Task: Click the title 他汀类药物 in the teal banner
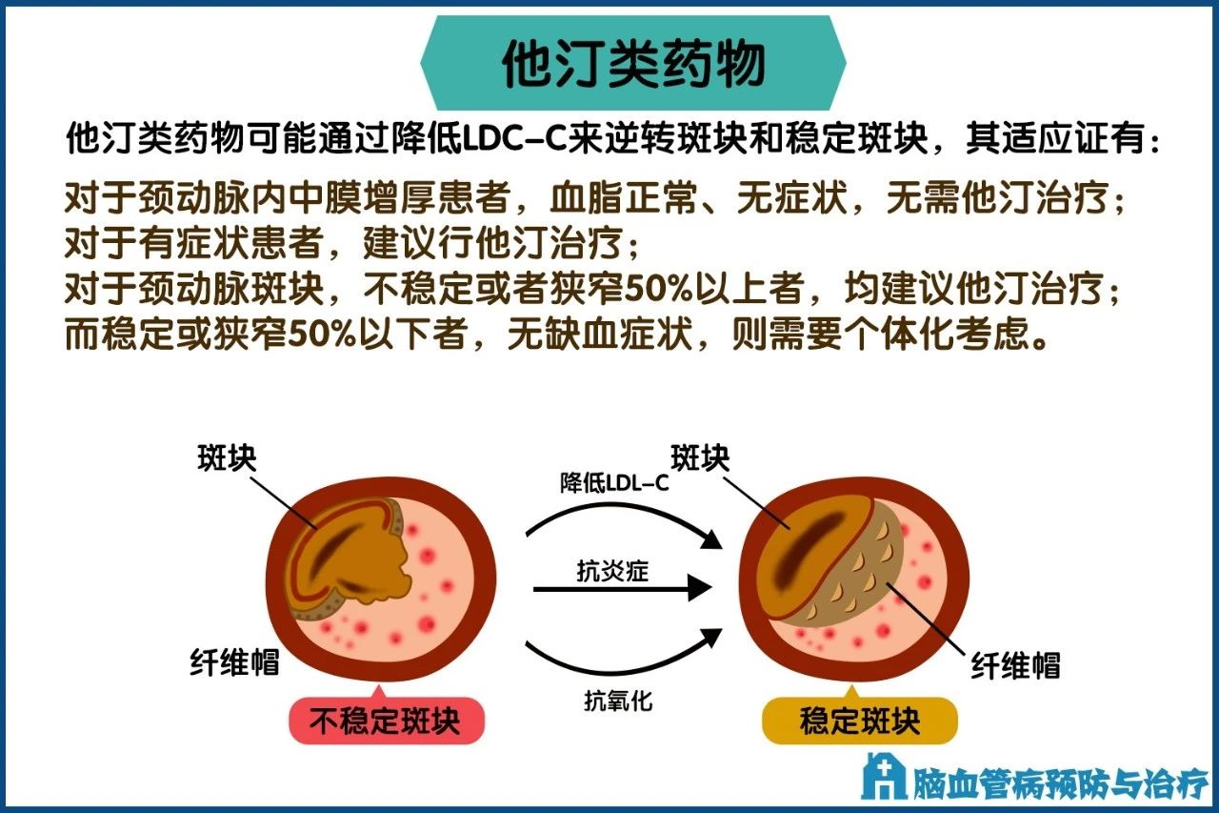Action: [633, 65]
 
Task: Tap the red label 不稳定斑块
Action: [386, 721]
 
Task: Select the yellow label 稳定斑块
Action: [859, 721]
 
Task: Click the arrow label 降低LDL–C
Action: [614, 483]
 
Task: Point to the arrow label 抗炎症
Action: [613, 571]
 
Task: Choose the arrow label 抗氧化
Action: [617, 701]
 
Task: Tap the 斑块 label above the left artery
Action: [227, 458]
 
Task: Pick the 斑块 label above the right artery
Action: [700, 458]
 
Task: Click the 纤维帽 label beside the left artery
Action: [234, 662]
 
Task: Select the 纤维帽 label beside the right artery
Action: [1015, 665]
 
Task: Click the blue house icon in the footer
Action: [882, 776]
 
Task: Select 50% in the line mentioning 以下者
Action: [308, 335]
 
